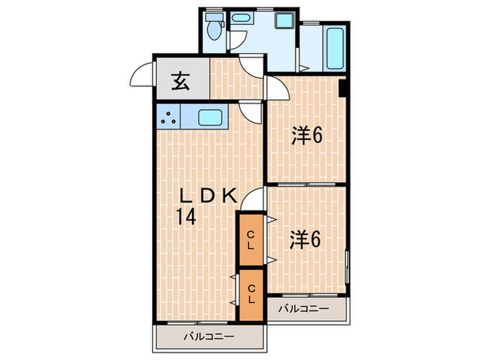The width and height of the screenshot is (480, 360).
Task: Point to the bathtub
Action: tap(334, 45)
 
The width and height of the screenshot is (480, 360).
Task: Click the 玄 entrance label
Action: tap(180, 82)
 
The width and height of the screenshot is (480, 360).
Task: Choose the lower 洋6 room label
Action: tap(306, 240)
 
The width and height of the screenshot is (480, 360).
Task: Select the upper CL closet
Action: tap(251, 239)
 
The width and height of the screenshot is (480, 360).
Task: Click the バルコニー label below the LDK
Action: tap(209, 337)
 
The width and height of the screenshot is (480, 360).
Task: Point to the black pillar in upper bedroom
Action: tap(342, 88)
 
